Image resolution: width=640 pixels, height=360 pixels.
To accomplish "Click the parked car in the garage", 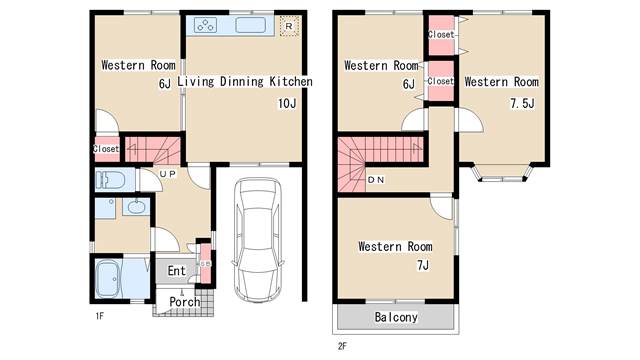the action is click(257, 240).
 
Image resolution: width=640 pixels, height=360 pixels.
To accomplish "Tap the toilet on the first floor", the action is click(110, 180).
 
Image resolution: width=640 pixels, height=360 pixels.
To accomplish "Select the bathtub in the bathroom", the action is click(108, 280).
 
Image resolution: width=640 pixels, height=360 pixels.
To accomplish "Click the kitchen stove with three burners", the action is click(205, 25).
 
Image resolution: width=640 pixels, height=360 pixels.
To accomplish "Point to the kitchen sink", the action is click(250, 25).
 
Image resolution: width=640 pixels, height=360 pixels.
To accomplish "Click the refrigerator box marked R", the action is click(289, 26).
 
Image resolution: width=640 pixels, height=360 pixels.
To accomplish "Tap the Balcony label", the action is click(396, 317).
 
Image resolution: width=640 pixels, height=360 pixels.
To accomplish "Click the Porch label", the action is click(184, 302).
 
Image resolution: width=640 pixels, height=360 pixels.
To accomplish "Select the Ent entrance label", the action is click(176, 271).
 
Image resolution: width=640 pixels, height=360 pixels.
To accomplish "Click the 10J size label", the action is click(287, 104).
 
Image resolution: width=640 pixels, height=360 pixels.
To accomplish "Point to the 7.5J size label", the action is click(522, 104).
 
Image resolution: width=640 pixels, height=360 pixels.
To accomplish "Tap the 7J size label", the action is click(423, 265).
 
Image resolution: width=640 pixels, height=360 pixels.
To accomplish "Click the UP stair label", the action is click(167, 174).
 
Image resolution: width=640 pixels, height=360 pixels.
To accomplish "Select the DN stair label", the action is click(376, 180).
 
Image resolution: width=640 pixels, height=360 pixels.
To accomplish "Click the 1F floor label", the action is click(100, 316).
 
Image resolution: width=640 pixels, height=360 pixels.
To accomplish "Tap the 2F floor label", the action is click(342, 346).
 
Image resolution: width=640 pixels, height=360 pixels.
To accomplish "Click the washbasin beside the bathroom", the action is click(136, 207).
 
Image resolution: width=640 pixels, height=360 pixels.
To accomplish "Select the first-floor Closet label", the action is click(106, 149).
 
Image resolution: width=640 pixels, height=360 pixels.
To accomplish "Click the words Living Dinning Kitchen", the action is click(245, 82).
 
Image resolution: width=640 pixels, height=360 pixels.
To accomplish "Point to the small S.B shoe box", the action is click(206, 264).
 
